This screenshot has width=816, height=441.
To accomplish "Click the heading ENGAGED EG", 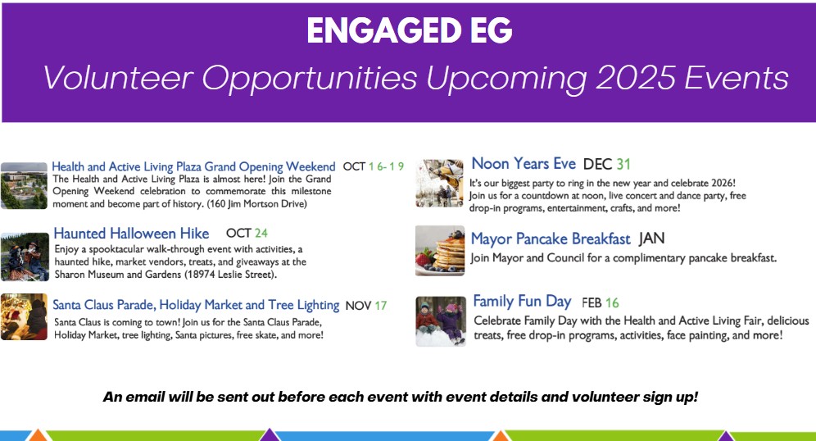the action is [410, 30].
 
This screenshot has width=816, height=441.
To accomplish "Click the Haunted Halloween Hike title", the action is [131, 234].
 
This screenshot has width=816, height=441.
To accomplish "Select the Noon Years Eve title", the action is [524, 163].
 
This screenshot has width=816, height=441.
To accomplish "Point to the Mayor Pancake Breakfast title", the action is [551, 239].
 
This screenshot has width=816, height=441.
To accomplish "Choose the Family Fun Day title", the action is [522, 302].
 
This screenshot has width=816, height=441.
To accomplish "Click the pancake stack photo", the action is [440, 251].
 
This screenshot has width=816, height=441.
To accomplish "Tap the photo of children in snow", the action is [441, 321].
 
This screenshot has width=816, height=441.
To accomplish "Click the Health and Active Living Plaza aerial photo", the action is [24, 186].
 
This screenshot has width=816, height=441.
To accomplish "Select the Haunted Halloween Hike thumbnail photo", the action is [25, 257].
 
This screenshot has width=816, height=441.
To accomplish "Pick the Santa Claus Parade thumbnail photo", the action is [24, 316].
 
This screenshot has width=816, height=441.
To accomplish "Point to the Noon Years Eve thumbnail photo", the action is [439, 184].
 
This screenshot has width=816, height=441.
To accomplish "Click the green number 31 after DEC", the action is [623, 165].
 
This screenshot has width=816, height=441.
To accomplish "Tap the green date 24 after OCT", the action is [261, 233].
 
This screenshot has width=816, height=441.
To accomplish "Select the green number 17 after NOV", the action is [380, 306].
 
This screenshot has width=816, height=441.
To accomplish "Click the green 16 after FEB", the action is [612, 302].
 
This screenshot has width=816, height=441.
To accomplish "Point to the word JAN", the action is [651, 239].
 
